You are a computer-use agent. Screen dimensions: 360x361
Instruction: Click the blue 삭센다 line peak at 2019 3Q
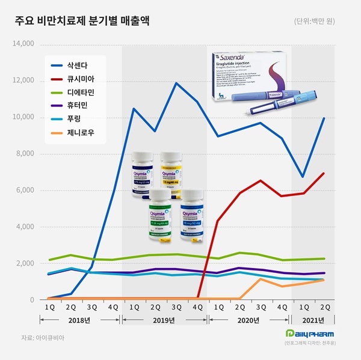176,83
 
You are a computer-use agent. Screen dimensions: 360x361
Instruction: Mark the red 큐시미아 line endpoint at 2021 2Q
324,173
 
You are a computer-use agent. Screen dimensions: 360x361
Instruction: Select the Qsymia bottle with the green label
160,214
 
